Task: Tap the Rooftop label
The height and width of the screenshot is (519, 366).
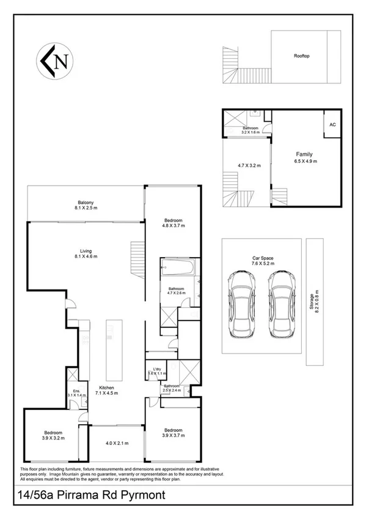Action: point(302,56)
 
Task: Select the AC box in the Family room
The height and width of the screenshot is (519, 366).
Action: point(333,124)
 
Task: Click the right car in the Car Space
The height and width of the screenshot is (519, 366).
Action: point(282,304)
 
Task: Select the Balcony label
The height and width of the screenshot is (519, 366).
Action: point(86,203)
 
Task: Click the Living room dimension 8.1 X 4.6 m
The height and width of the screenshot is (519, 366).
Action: point(86,256)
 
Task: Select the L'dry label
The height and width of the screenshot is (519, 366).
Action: point(156,369)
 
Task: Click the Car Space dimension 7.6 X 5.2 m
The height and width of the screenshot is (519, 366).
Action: point(262,263)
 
